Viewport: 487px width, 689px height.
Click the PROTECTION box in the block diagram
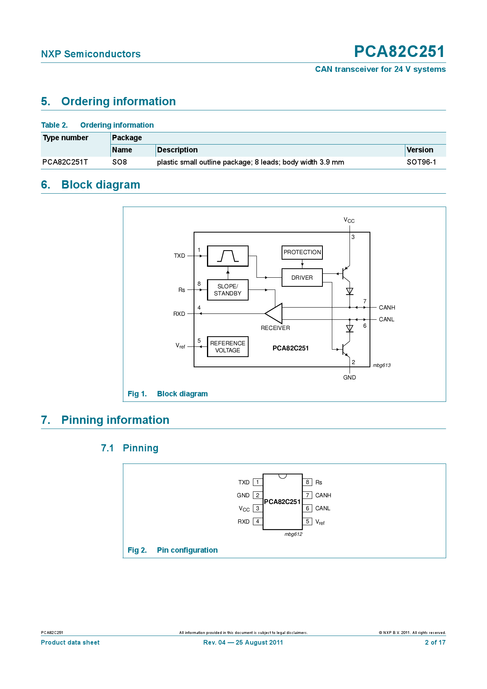(302, 252)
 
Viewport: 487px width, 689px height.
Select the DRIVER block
(302, 278)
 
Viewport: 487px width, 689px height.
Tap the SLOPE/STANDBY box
(227, 290)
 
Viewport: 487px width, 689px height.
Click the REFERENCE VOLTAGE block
(227, 347)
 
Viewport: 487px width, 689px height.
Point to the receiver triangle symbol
(275, 313)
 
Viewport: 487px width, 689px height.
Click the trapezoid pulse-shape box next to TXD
(227, 256)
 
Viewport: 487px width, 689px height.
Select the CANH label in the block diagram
(387, 308)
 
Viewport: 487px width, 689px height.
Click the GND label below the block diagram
(349, 377)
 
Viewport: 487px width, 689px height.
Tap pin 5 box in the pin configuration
(308, 522)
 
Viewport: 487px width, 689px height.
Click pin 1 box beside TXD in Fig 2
(258, 482)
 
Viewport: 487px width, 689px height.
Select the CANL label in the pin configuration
(322, 508)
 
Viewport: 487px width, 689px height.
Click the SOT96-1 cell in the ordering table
(421, 162)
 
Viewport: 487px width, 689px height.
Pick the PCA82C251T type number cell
(65, 162)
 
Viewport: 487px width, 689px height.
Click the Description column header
(177, 150)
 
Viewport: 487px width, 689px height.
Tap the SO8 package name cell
(119, 162)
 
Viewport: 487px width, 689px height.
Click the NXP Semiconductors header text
(91, 54)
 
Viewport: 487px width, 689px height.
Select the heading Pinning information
(115, 420)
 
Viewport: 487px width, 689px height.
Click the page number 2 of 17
(435, 643)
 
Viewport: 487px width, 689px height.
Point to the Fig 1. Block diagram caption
(168, 394)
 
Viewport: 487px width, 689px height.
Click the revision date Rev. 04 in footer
(243, 643)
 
